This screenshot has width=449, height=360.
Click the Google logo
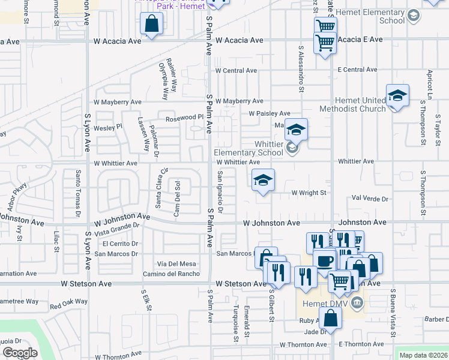click(x=20, y=353)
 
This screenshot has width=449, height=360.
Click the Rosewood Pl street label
click(x=177, y=117)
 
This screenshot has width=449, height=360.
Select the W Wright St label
click(x=309, y=193)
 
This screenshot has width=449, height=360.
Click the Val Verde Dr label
click(x=370, y=199)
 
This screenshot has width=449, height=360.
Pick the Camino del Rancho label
click(x=171, y=274)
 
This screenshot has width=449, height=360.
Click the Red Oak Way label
click(x=69, y=304)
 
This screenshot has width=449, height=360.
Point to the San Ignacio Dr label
click(x=220, y=193)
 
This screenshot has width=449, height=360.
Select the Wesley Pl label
click(x=108, y=127)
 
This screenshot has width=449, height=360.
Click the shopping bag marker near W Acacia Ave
click(x=152, y=25)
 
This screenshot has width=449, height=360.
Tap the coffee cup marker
click(x=325, y=261)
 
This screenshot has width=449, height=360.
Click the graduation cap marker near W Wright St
click(x=262, y=179)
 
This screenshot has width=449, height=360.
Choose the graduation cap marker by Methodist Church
click(x=397, y=95)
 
